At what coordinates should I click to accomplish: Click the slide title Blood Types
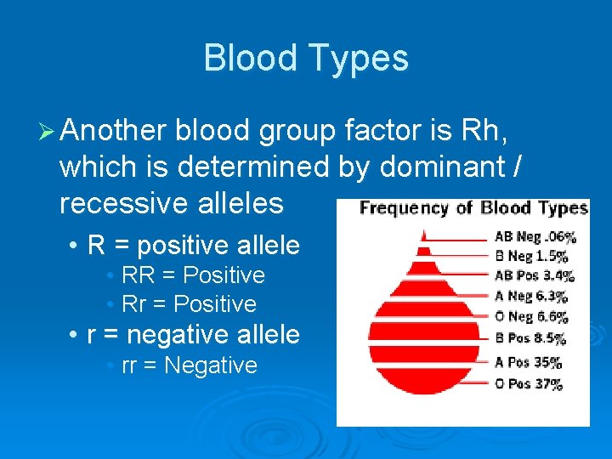tap(306, 58)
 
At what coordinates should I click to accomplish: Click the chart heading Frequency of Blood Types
tap(473, 208)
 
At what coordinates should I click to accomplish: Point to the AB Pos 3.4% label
tap(535, 275)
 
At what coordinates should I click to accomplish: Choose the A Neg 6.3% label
tap(530, 296)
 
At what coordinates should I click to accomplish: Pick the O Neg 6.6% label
tap(530, 316)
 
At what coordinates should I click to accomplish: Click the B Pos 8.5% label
tap(530, 338)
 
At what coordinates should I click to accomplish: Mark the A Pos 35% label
tap(528, 362)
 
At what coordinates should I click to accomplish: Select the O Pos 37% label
tap(528, 383)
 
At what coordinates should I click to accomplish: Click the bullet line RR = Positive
tap(193, 275)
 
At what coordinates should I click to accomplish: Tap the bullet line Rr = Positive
tap(189, 303)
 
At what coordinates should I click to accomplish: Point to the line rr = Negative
tap(189, 365)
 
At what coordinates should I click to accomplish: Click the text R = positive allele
tap(193, 246)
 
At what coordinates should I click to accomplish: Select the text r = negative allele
tap(193, 335)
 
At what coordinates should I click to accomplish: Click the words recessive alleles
tap(171, 203)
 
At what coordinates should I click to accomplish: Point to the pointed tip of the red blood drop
tap(422, 228)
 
